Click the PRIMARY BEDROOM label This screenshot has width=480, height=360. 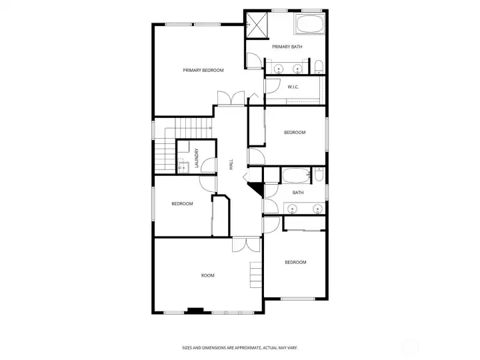pos(203,70)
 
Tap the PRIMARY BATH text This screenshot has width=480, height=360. pos(287,47)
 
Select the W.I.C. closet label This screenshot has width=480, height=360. pos(293,87)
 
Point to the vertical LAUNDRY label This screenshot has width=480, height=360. pos(197,158)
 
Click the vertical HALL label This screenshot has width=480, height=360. pos(231,163)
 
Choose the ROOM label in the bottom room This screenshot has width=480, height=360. pos(208,275)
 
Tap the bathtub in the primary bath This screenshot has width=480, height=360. pos(308,25)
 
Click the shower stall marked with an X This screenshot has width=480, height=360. pos(255,25)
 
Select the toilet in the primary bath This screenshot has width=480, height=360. pos(319,67)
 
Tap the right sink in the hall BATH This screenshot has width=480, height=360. pos(317,209)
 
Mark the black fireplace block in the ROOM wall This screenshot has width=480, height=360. pos(195,310)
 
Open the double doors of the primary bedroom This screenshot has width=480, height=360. pos(233,97)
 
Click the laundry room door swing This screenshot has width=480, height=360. pos(207,166)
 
